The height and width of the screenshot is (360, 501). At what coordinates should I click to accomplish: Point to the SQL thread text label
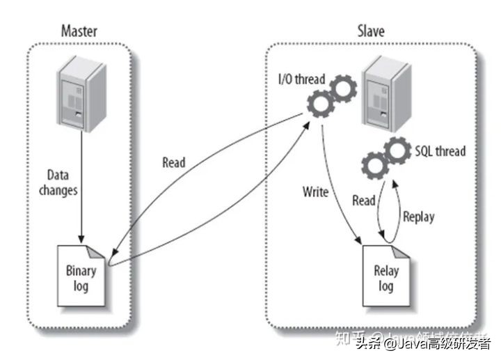(x=440, y=150)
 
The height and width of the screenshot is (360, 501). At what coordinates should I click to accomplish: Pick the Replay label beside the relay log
(x=418, y=217)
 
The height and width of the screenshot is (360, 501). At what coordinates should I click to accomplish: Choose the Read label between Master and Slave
(x=174, y=162)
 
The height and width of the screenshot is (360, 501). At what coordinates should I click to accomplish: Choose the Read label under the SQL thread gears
(x=363, y=200)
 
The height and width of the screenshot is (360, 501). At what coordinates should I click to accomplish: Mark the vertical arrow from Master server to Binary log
(x=81, y=181)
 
